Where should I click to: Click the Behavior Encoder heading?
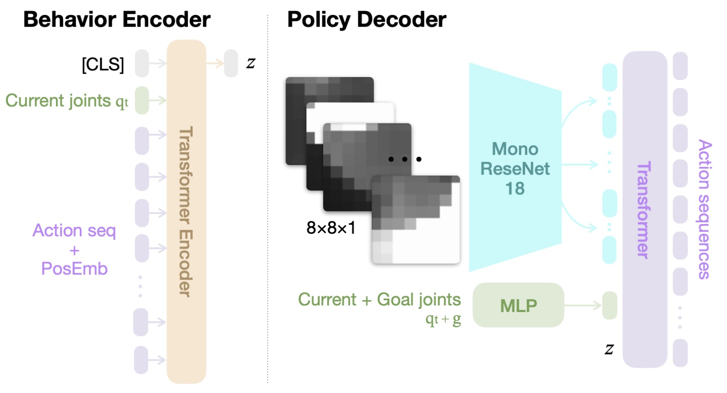tap(117, 19)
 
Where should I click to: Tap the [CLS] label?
tap(103, 64)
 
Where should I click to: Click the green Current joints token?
tap(142, 100)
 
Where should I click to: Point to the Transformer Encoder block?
tap(186, 211)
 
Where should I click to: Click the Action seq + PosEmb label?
tap(74, 249)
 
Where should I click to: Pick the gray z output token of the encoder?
tap(231, 63)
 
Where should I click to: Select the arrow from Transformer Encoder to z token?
tap(215, 63)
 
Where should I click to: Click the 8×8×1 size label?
tap(331, 228)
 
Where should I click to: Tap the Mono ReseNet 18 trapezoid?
tap(515, 167)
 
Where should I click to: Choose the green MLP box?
tap(518, 305)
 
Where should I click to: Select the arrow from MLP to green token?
tap(582, 305)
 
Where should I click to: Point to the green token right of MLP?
tap(610, 305)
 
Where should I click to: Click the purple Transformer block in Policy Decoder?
tap(645, 210)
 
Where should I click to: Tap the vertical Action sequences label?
tap(704, 210)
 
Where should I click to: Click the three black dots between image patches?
tap(405, 159)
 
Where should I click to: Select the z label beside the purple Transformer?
tap(609, 349)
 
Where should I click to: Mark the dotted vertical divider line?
tap(268, 198)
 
